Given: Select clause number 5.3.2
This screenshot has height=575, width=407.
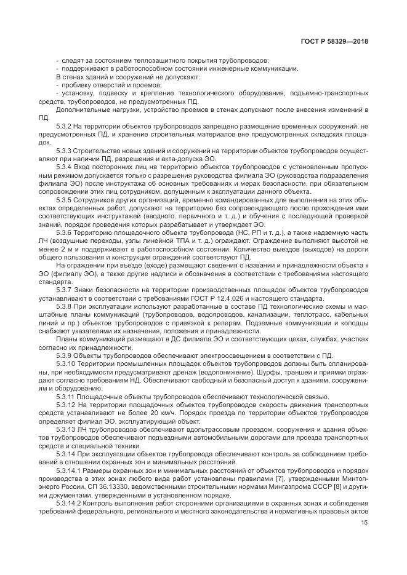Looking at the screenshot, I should point(63,125).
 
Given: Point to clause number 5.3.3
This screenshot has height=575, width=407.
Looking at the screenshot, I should point(63,150).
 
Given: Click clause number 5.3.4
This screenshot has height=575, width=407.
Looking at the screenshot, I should point(63,167).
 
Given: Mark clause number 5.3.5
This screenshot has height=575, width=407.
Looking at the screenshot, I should point(63,200).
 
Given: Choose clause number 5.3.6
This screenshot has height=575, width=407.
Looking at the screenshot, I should point(63,234).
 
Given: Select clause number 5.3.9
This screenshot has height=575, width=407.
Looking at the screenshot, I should point(63,355).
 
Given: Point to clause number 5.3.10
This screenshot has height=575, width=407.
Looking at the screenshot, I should point(65,363).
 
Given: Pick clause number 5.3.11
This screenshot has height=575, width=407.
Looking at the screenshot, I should point(65,397).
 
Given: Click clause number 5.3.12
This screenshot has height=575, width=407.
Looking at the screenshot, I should point(65,405).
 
